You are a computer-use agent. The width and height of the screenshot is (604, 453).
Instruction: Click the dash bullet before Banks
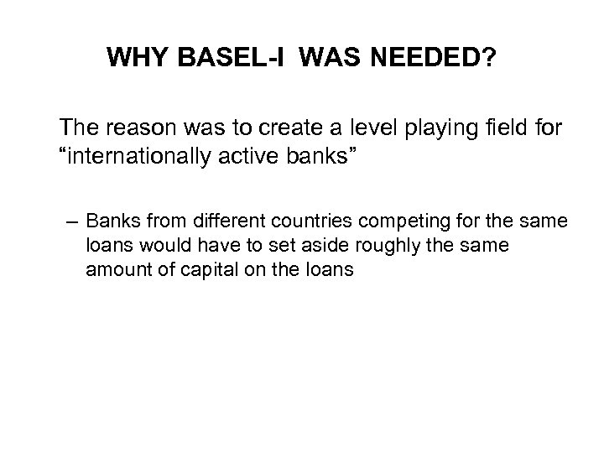click(x=72, y=224)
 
